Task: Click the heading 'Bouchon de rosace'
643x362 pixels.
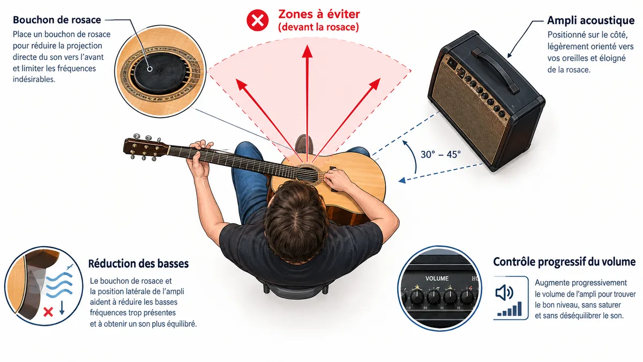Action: [57, 20]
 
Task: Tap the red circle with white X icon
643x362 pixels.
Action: [258, 20]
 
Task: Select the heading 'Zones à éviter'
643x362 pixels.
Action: [319, 14]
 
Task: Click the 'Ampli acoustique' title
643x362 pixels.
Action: [590, 20]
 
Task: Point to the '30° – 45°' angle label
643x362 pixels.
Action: [440, 154]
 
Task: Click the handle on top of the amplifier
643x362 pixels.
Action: [496, 70]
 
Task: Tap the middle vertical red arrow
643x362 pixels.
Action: [307, 104]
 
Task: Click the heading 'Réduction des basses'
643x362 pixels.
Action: [138, 263]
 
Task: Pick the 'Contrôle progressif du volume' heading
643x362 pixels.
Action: [564, 262]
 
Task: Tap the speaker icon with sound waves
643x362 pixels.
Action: [504, 293]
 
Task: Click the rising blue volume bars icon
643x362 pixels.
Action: [510, 309]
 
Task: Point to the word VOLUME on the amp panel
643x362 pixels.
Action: [437, 278]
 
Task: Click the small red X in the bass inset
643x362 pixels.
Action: [48, 312]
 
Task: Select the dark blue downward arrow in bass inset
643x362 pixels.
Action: [62, 308]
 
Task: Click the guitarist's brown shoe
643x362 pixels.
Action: [304, 144]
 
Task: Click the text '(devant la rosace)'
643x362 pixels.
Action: [319, 27]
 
